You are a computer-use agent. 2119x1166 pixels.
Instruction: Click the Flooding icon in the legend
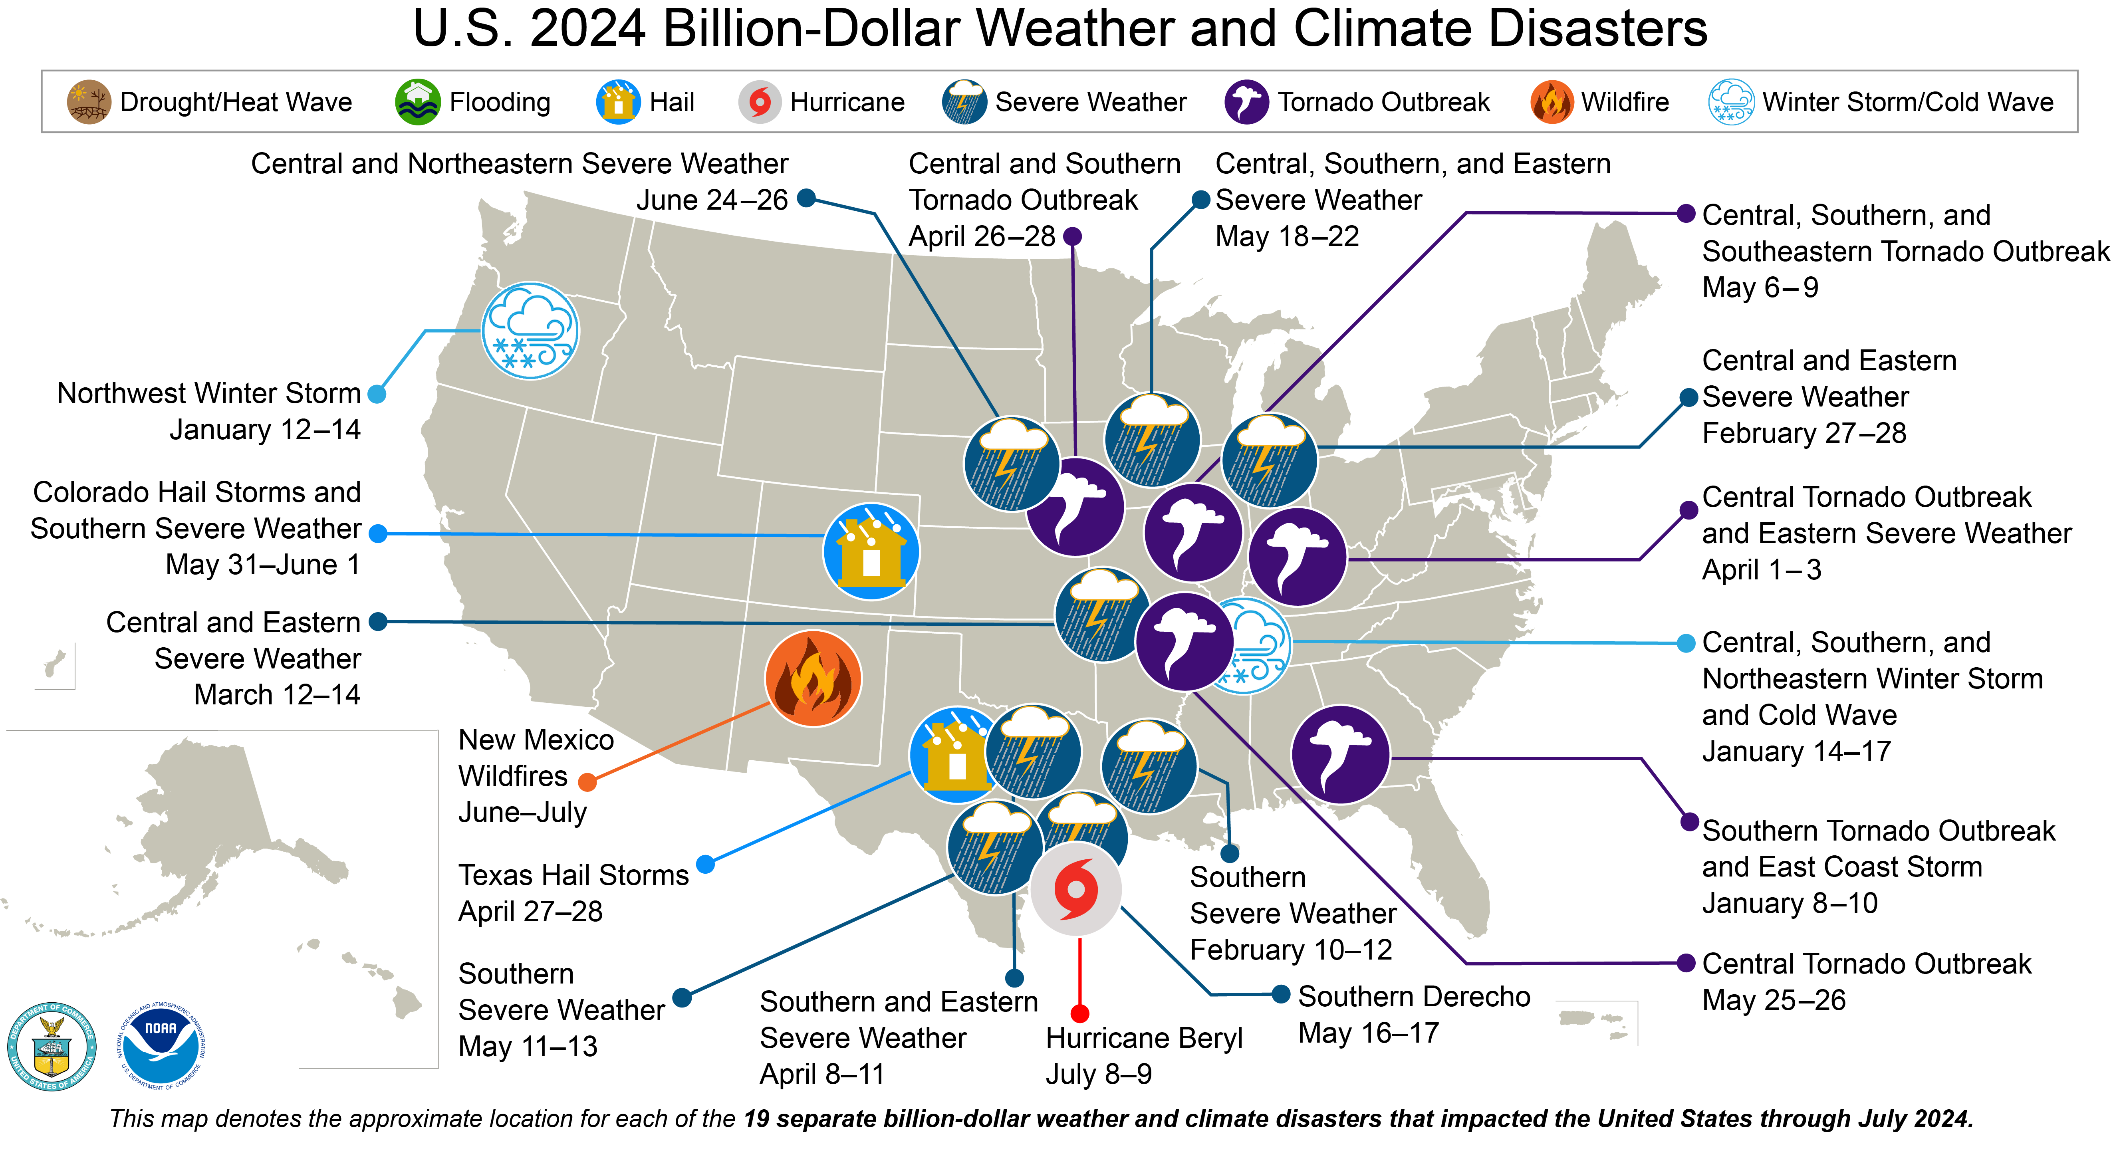tap(418, 102)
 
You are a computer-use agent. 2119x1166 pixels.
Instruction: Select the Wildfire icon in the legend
tap(1552, 102)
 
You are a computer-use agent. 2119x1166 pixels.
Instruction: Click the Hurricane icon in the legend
tap(759, 102)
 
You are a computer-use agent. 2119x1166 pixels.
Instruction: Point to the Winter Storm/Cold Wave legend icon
tap(1731, 102)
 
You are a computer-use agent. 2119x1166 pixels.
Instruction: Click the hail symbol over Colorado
tap(871, 551)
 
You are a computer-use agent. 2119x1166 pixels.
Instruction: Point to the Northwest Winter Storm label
tap(209, 394)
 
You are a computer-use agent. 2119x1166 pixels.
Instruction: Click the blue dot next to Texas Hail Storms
tap(705, 864)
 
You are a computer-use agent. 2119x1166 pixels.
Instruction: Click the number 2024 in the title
tap(587, 30)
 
